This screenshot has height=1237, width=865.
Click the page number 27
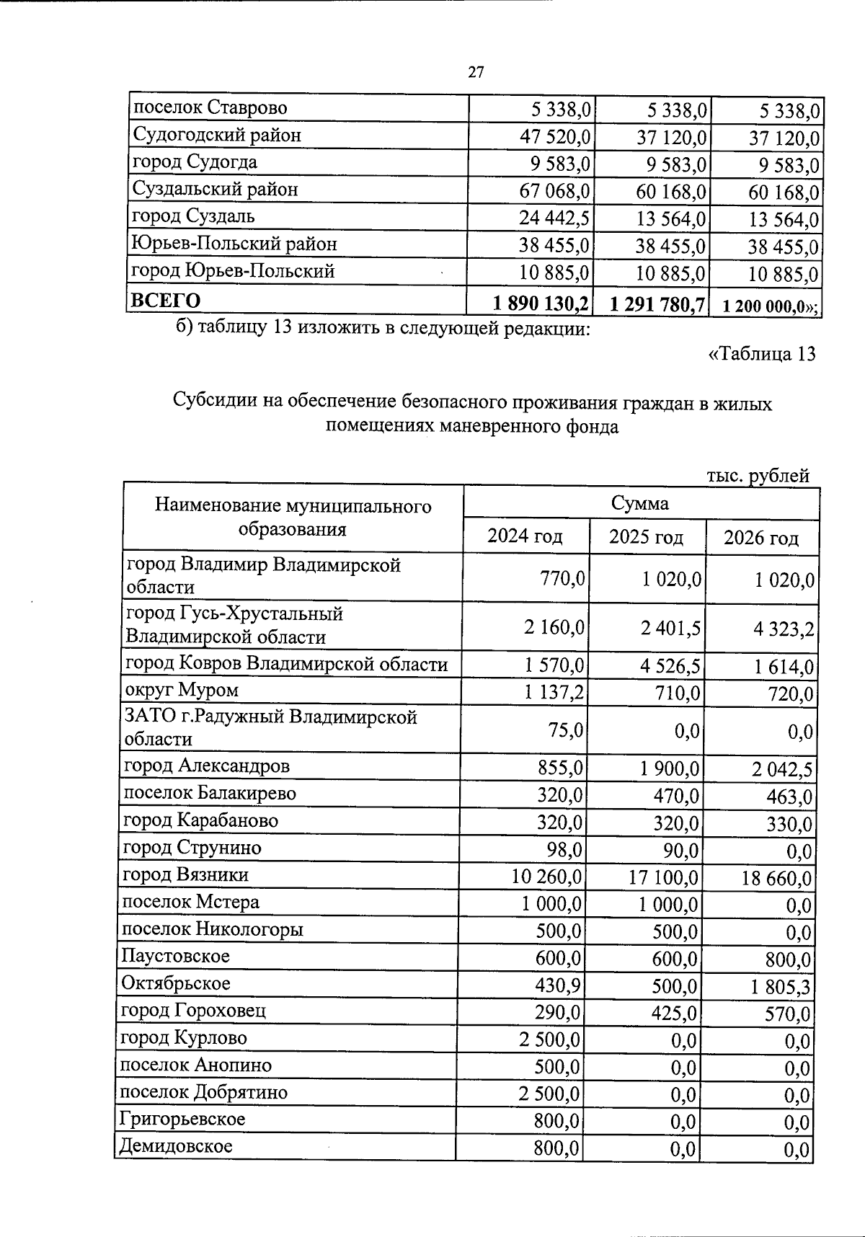[x=476, y=72]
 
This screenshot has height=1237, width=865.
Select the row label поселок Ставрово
[x=210, y=108]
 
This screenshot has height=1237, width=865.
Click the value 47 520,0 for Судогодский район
[x=555, y=136]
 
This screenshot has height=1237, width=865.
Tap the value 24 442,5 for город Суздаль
[x=555, y=218]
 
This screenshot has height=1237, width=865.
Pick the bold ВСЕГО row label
[x=164, y=301]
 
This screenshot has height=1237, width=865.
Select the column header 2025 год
[x=646, y=537]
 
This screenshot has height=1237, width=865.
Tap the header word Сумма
[x=640, y=503]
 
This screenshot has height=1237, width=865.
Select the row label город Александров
[x=207, y=766]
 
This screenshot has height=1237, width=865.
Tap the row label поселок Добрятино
[x=203, y=1092]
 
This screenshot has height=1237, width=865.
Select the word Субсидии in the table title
[x=208, y=403]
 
